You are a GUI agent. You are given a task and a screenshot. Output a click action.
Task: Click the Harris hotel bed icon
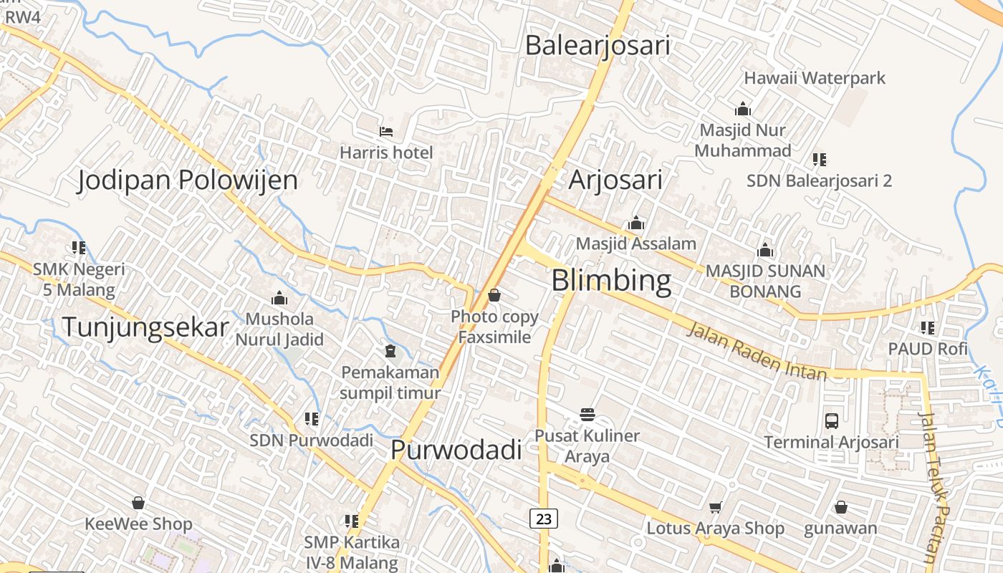(386, 132)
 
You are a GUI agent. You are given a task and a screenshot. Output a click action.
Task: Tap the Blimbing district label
(611, 281)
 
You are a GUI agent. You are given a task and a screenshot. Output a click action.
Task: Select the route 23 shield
(544, 518)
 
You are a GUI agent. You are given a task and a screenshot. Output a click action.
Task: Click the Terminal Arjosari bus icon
(832, 420)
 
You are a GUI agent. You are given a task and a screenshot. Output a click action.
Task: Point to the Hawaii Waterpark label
(815, 78)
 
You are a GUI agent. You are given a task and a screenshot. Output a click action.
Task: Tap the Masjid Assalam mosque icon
(636, 223)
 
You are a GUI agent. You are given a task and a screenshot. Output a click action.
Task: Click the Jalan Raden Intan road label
(757, 352)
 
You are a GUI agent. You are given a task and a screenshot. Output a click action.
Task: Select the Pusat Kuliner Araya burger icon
(587, 414)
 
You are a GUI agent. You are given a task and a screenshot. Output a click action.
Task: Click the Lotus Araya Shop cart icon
(715, 508)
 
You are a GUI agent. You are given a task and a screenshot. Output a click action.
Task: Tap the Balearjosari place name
(598, 45)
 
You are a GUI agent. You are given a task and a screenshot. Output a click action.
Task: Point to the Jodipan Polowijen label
(187, 180)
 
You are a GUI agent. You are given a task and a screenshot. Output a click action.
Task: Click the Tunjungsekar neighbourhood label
(145, 327)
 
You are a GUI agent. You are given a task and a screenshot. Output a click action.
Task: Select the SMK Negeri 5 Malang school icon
(79, 248)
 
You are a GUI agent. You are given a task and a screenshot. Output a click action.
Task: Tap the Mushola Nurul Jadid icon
(279, 298)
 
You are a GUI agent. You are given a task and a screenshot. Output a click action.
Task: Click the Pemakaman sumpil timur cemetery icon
(390, 351)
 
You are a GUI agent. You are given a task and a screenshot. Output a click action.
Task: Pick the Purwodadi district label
(456, 450)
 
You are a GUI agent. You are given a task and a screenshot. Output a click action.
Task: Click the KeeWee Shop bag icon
(138, 503)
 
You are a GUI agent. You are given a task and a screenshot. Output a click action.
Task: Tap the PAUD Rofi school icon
(928, 328)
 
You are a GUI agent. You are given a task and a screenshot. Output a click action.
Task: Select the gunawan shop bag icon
(841, 507)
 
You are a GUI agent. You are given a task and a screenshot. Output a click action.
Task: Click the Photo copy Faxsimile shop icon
(494, 295)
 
